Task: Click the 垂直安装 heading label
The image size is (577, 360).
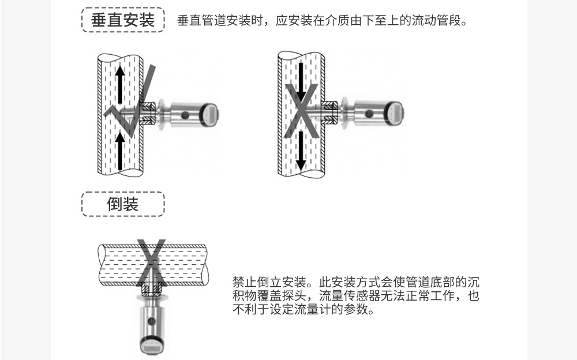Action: coord(123,20)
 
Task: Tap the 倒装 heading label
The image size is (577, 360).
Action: coord(123,204)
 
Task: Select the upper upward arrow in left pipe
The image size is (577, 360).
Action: coord(121,84)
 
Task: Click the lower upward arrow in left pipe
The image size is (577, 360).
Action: coord(121,150)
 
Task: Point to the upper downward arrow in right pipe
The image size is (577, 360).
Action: coord(300,78)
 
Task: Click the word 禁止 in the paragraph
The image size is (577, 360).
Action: coord(241,283)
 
